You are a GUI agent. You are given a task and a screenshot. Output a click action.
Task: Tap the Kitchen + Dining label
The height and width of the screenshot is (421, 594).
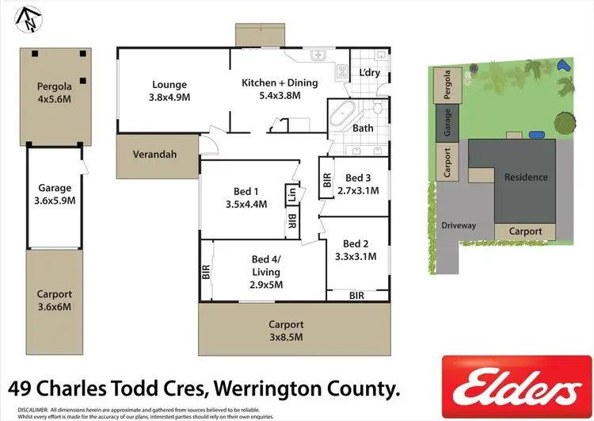click(280, 82)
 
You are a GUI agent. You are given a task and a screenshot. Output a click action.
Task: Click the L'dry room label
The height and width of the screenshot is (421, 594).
click(370, 72)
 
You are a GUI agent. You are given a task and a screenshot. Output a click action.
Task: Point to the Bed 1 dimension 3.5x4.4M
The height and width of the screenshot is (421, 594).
click(246, 204)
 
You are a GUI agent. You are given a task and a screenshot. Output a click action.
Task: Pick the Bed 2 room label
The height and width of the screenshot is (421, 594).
click(356, 243)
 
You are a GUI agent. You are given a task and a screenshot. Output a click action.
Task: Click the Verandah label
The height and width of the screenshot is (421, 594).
click(154, 155)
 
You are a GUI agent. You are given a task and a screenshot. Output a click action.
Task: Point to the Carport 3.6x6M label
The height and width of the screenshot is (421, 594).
click(55, 300)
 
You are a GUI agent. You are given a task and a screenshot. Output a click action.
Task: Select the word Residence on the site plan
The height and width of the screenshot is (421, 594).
click(526, 177)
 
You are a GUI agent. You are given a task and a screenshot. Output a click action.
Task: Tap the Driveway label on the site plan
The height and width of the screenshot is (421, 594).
click(459, 225)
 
